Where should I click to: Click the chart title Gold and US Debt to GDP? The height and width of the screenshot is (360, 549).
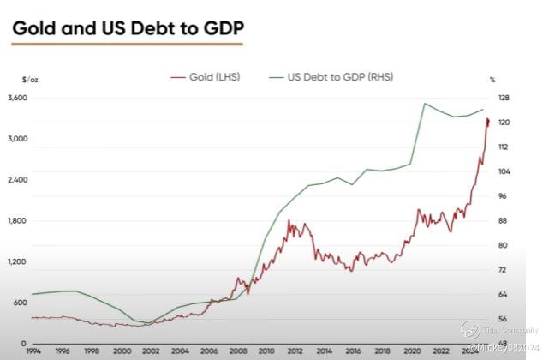pyautogui.click(x=128, y=28)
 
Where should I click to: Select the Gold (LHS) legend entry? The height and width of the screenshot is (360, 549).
pyautogui.click(x=214, y=77)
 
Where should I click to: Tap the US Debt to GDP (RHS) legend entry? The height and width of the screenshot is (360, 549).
pyautogui.click(x=338, y=77)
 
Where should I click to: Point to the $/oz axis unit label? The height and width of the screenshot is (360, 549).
pyautogui.click(x=30, y=79)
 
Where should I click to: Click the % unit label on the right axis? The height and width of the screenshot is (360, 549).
pyautogui.click(x=492, y=79)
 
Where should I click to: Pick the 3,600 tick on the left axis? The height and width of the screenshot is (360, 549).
pyautogui.click(x=18, y=98)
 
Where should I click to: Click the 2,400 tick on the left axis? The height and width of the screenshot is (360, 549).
pyautogui.click(x=18, y=180)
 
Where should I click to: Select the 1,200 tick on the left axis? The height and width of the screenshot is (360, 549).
pyautogui.click(x=18, y=261)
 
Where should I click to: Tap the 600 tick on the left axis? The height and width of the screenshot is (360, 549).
pyautogui.click(x=19, y=303)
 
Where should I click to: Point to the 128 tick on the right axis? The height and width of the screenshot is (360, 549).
pyautogui.click(x=504, y=98)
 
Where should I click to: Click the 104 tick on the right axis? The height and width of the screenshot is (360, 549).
pyautogui.click(x=504, y=171)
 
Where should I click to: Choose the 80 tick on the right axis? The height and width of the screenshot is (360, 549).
pyautogui.click(x=504, y=246)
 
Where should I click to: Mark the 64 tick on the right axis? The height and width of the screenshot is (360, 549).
pyautogui.click(x=504, y=295)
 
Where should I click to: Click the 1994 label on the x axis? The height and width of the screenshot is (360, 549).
pyautogui.click(x=33, y=350)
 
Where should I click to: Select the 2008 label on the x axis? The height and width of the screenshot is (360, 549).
pyautogui.click(x=236, y=350)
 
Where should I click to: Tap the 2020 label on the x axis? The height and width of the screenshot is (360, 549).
pyautogui.click(x=411, y=350)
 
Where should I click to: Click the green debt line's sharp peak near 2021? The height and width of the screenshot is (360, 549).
pyautogui.click(x=425, y=104)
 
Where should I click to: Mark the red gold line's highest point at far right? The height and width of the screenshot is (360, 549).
pyautogui.click(x=487, y=119)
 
